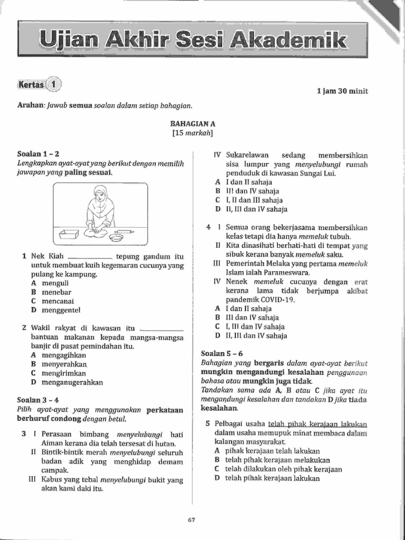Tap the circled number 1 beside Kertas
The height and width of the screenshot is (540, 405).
[x=53, y=84]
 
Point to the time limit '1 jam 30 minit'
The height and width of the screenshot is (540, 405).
[x=342, y=91]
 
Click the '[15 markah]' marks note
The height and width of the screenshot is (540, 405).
[x=192, y=133]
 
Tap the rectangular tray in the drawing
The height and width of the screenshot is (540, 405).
[x=69, y=234]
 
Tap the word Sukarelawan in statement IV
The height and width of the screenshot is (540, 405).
[x=247, y=155]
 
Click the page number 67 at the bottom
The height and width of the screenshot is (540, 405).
[x=191, y=520]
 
